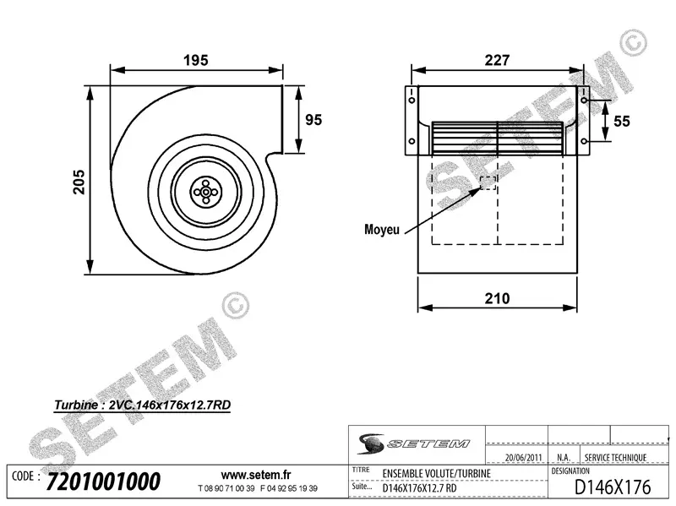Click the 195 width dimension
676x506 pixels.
pyautogui.click(x=195, y=60)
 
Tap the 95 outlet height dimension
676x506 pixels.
pyautogui.click(x=313, y=119)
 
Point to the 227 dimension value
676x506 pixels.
pyautogui.click(x=498, y=60)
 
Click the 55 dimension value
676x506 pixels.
pyautogui.click(x=622, y=122)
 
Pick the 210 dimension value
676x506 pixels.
pyautogui.click(x=498, y=297)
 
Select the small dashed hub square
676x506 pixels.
pyautogui.click(x=488, y=183)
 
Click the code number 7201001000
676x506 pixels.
pyautogui.click(x=104, y=482)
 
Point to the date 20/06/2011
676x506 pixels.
pyautogui.click(x=522, y=458)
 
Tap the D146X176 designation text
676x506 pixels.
pyautogui.click(x=613, y=487)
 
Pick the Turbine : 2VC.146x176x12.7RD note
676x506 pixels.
pyautogui.click(x=142, y=405)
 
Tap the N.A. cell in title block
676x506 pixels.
pyautogui.click(x=564, y=458)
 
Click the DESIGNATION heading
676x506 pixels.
pyautogui.click(x=575, y=470)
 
